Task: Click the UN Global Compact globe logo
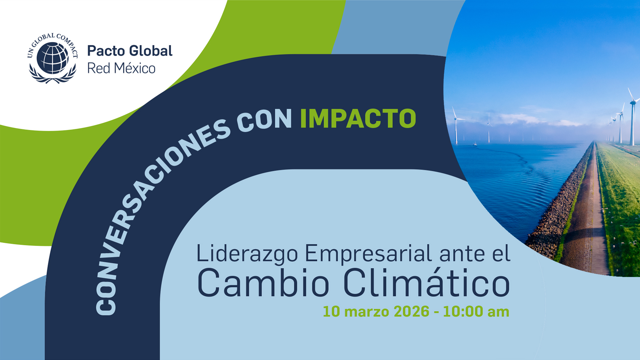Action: tap(53, 58)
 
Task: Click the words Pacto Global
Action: tap(130, 51)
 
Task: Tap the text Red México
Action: tap(121, 69)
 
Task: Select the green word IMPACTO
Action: tap(358, 118)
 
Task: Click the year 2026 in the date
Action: tap(411, 311)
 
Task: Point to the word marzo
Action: tap(367, 312)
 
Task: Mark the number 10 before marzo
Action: tap(331, 311)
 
